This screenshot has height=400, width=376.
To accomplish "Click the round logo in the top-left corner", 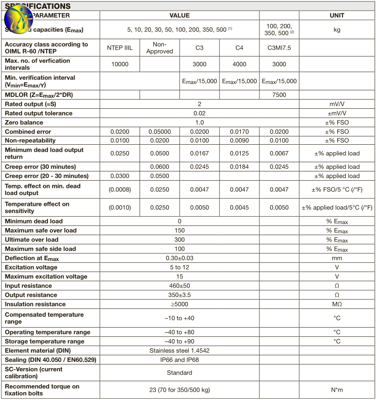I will click(18, 19).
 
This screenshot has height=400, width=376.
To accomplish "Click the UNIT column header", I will click(337, 15).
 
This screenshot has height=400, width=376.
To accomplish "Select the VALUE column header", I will click(179, 15).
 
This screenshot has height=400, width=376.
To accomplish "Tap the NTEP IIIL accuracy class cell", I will click(119, 48).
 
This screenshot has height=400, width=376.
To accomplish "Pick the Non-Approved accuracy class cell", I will click(159, 48).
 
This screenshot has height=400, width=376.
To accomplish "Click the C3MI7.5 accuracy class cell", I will click(279, 48).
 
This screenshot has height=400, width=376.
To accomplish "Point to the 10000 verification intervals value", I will click(119, 64).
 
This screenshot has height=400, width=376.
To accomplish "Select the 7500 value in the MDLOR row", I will click(279, 95).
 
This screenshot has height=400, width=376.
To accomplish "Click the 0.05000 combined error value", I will click(159, 132).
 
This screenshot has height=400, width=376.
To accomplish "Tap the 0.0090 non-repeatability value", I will click(239, 141).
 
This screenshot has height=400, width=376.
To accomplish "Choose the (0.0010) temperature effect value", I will click(119, 207).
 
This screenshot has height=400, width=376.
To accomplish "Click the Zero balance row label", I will click(24, 123).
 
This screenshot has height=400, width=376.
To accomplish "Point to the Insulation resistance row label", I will click(36, 304).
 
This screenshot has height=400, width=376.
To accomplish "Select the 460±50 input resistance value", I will click(179, 286).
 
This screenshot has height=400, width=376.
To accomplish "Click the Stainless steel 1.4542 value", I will click(179, 351).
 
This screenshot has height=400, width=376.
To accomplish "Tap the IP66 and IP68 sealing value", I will click(179, 360).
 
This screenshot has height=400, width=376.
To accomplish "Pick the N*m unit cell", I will click(337, 390).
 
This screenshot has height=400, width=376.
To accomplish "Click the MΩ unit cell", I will click(337, 304).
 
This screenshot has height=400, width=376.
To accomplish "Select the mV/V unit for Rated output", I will click(337, 104).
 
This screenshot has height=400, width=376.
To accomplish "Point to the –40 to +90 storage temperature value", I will click(179, 341).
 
